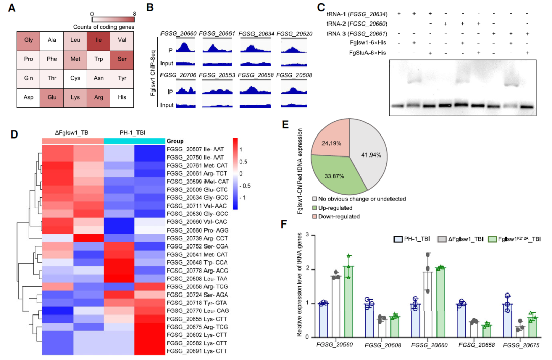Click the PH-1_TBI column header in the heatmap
pos(134,132)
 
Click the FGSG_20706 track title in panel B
pos(175,75)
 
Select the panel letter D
pos(15,134)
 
